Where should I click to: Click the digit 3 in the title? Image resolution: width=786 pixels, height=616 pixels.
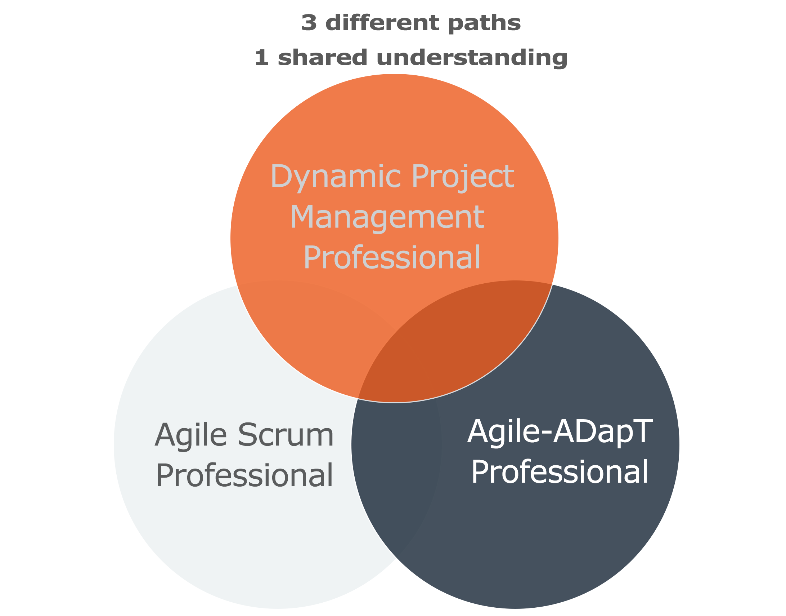pos(309,23)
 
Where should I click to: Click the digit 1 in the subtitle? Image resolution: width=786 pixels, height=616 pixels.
pos(261,58)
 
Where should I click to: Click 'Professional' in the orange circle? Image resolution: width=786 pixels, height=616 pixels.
pos(392,257)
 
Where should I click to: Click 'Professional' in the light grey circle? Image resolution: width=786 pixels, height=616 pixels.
pos(244,475)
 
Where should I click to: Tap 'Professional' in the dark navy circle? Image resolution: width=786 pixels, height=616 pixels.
pos(560,472)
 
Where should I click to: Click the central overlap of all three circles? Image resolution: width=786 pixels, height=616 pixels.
pos(396,368)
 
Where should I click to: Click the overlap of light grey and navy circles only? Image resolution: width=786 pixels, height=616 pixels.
pos(396,469)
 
